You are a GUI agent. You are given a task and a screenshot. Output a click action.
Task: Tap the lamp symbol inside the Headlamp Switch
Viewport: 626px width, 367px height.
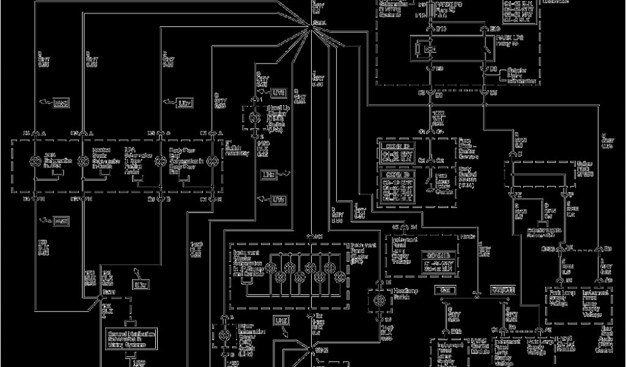379,301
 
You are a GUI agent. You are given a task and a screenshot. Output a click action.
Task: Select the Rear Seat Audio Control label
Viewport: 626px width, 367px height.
605,346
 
